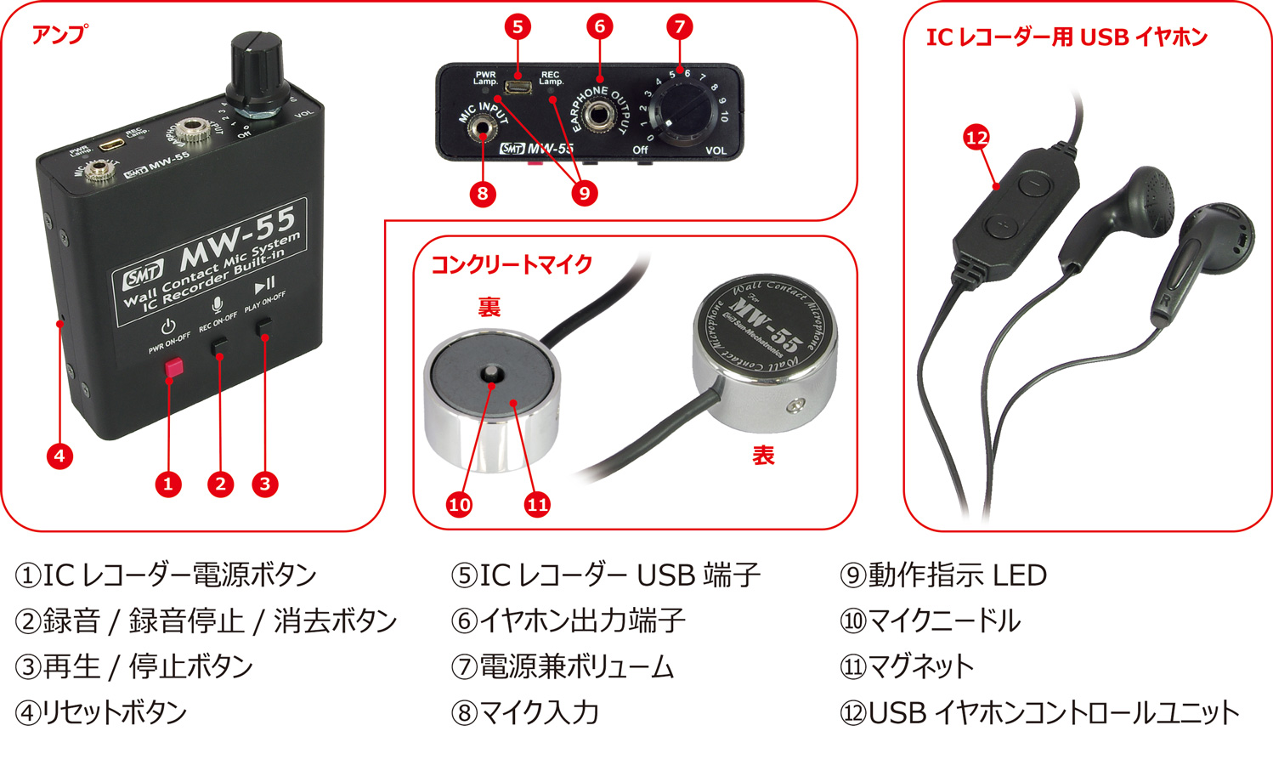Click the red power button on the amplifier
(x=174, y=367)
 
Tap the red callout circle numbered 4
(x=59, y=456)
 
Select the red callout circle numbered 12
(x=977, y=138)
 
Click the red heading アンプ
(x=59, y=35)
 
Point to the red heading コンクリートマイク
(x=512, y=264)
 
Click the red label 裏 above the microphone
(x=489, y=307)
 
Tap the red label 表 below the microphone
(x=763, y=456)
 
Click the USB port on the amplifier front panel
(x=518, y=87)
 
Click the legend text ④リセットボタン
(x=101, y=712)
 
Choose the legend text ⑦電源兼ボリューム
(x=563, y=666)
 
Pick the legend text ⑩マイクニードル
(x=930, y=620)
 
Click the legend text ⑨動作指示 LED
(x=943, y=575)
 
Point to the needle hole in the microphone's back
(x=491, y=375)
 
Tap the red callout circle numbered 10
(x=459, y=505)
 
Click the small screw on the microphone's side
(x=795, y=406)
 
